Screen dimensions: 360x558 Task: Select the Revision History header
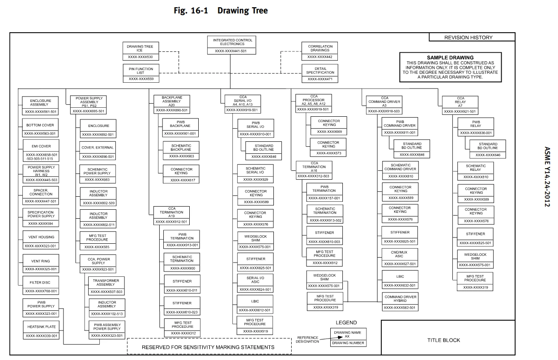pos(468,38)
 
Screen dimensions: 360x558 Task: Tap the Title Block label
pos(443,340)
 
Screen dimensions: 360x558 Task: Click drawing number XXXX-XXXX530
pos(141,58)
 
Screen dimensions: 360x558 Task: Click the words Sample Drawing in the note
pos(450,58)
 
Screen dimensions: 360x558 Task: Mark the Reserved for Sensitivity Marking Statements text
pos(208,347)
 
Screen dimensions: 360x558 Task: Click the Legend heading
pos(346,322)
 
